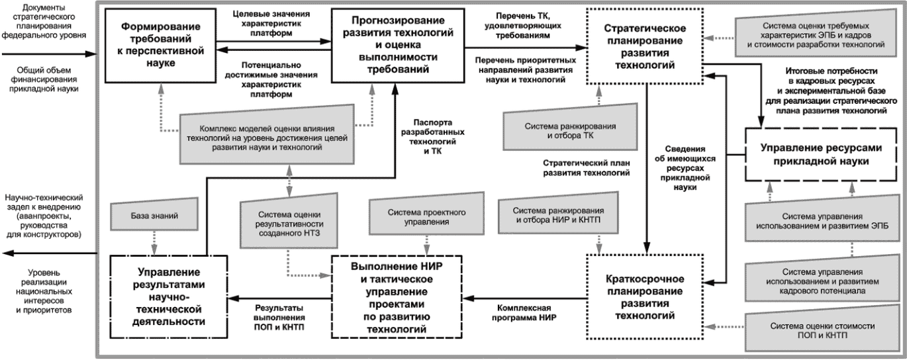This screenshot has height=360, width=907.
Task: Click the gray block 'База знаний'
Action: coord(154,215)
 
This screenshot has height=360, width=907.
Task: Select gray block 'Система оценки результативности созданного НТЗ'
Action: coord(289,222)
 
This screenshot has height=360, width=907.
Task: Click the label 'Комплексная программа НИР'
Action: coord(524,312)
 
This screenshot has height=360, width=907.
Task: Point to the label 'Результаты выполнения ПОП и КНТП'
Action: coord(279,317)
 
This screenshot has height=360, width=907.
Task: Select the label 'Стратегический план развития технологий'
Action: coord(586,167)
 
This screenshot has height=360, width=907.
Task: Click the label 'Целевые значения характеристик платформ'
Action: coord(271,23)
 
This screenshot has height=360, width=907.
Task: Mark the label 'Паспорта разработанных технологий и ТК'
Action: coord(432,136)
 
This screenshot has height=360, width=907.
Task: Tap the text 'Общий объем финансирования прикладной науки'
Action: coord(44,79)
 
